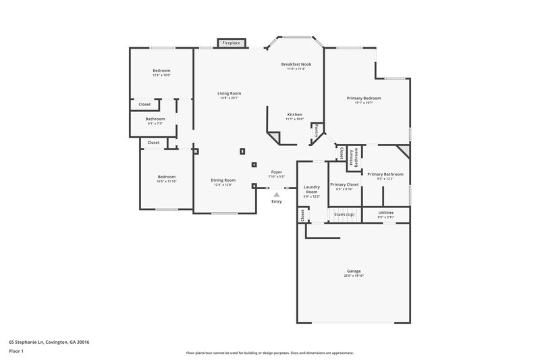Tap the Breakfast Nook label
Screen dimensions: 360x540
296,64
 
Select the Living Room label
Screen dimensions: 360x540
229,93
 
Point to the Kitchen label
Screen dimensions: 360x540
294,114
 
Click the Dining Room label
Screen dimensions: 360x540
223,180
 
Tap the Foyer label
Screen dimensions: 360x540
277,172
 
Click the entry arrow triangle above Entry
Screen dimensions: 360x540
276,194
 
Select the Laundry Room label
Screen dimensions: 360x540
311,189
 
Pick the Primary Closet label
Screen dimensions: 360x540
344,184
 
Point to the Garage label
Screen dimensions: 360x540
354,271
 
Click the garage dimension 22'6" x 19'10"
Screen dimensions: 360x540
354,276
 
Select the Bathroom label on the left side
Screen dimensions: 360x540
155,119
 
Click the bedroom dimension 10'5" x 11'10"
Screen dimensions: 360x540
166,181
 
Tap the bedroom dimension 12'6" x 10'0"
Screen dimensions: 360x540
161,75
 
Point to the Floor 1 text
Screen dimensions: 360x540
16,351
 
